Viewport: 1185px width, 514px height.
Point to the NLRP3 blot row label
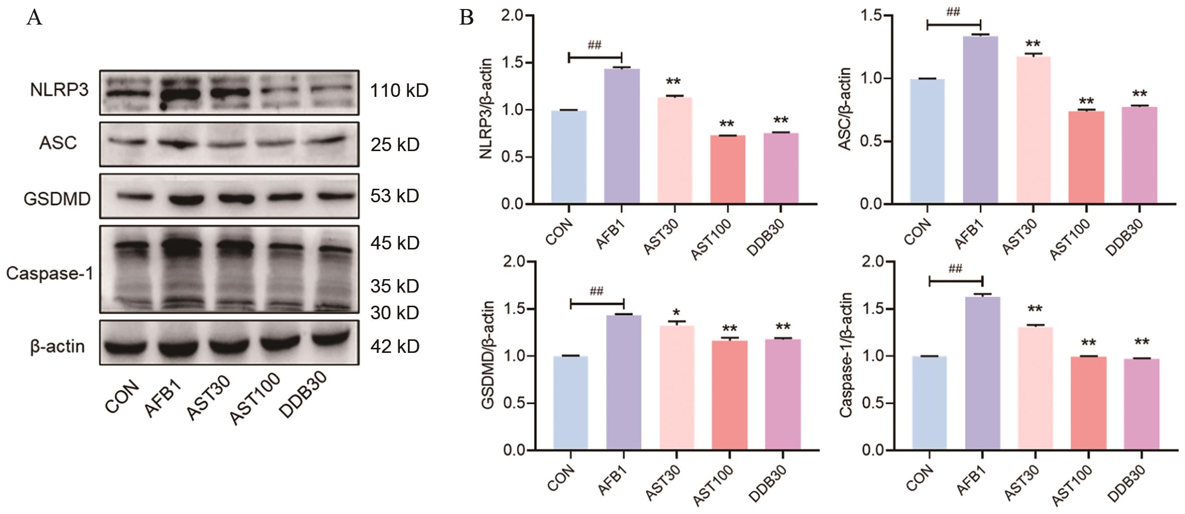coord(59,90)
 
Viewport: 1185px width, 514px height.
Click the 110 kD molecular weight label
coord(399,91)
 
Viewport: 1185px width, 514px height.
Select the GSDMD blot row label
coord(57,199)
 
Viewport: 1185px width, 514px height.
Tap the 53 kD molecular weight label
coord(395,196)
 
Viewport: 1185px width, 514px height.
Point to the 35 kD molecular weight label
coord(395,286)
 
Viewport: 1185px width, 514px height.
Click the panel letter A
coord(34,18)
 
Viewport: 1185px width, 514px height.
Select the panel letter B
coord(466,18)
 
